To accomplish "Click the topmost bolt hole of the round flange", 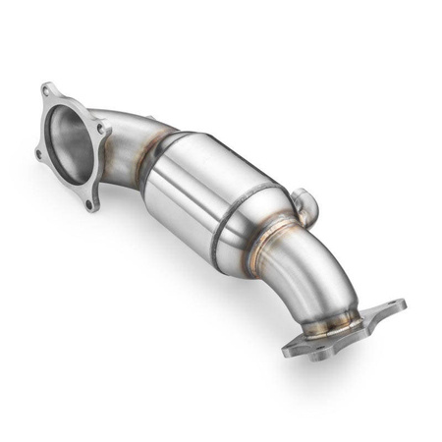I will coord(47,91).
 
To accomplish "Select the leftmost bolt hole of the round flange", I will coord(38,154).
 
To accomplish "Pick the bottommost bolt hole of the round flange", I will coord(90,205).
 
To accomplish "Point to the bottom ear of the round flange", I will coord(90,205).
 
